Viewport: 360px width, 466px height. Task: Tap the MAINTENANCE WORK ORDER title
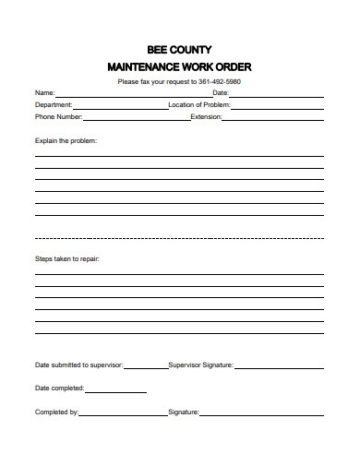179,66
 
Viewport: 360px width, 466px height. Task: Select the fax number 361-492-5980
219,81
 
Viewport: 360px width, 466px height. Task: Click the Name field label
44,93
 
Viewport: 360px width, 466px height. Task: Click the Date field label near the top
220,93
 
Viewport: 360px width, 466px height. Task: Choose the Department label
54,105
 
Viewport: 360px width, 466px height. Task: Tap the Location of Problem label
198,105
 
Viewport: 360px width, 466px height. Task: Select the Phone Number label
58,117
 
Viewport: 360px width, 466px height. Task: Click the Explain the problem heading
66,141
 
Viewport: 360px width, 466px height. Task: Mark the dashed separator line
179,238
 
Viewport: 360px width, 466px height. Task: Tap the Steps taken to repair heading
66,259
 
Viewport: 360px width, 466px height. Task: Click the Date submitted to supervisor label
78,364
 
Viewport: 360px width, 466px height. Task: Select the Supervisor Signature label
200,364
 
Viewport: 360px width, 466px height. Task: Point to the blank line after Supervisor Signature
279,367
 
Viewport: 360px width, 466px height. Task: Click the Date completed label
60,388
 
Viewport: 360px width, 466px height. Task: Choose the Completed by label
56,412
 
